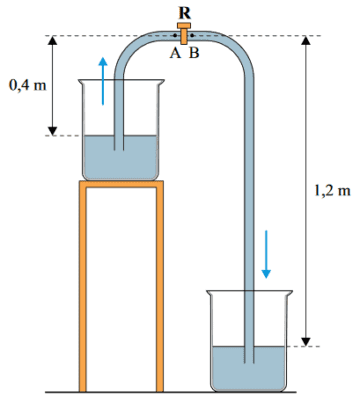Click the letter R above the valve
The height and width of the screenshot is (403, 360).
click(x=184, y=13)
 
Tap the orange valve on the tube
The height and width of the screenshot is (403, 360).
click(x=184, y=33)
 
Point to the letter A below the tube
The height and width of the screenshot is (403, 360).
click(x=175, y=53)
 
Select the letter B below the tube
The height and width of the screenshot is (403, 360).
click(x=194, y=53)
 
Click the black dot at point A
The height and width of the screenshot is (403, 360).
click(x=175, y=35)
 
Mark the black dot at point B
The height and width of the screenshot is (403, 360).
click(x=192, y=35)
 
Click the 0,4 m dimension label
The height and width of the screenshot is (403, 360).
click(x=27, y=85)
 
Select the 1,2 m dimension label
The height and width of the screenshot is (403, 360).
click(x=332, y=190)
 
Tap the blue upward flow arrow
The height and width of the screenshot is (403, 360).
click(x=103, y=81)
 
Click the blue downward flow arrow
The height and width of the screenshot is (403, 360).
click(x=266, y=254)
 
